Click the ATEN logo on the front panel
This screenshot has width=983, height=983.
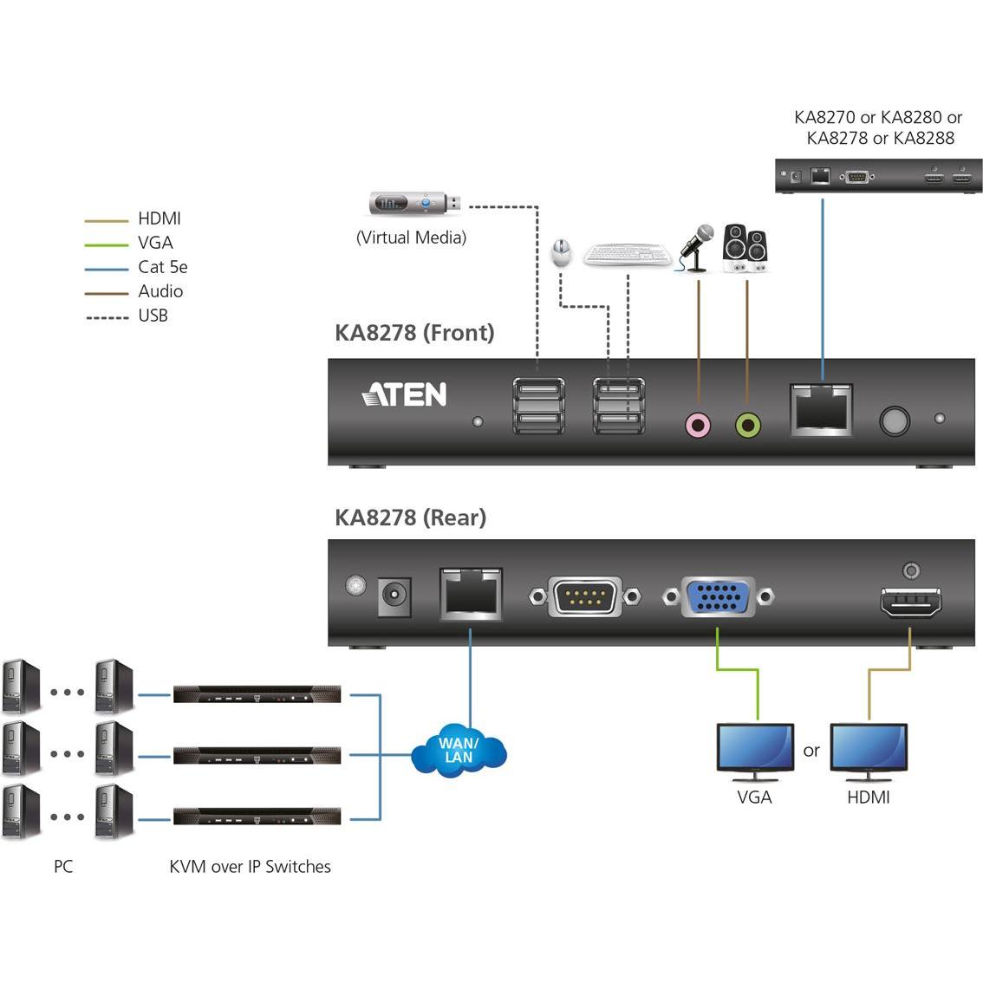tap(404, 394)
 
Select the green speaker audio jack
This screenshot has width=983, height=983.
tap(747, 425)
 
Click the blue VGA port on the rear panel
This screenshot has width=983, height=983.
tap(719, 596)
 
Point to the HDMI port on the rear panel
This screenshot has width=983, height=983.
tap(910, 601)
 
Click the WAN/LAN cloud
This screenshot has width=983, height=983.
tap(459, 751)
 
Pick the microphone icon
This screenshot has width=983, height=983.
tap(697, 248)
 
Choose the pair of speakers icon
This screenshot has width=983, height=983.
tap(745, 249)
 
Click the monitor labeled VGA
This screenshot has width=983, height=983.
tap(755, 747)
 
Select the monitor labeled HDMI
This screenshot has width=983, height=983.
tap(869, 747)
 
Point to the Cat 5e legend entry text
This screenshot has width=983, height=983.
tap(163, 267)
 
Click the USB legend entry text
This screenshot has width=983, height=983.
tap(153, 316)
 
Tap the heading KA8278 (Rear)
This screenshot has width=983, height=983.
tap(410, 518)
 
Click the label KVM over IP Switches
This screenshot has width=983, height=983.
tap(250, 866)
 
